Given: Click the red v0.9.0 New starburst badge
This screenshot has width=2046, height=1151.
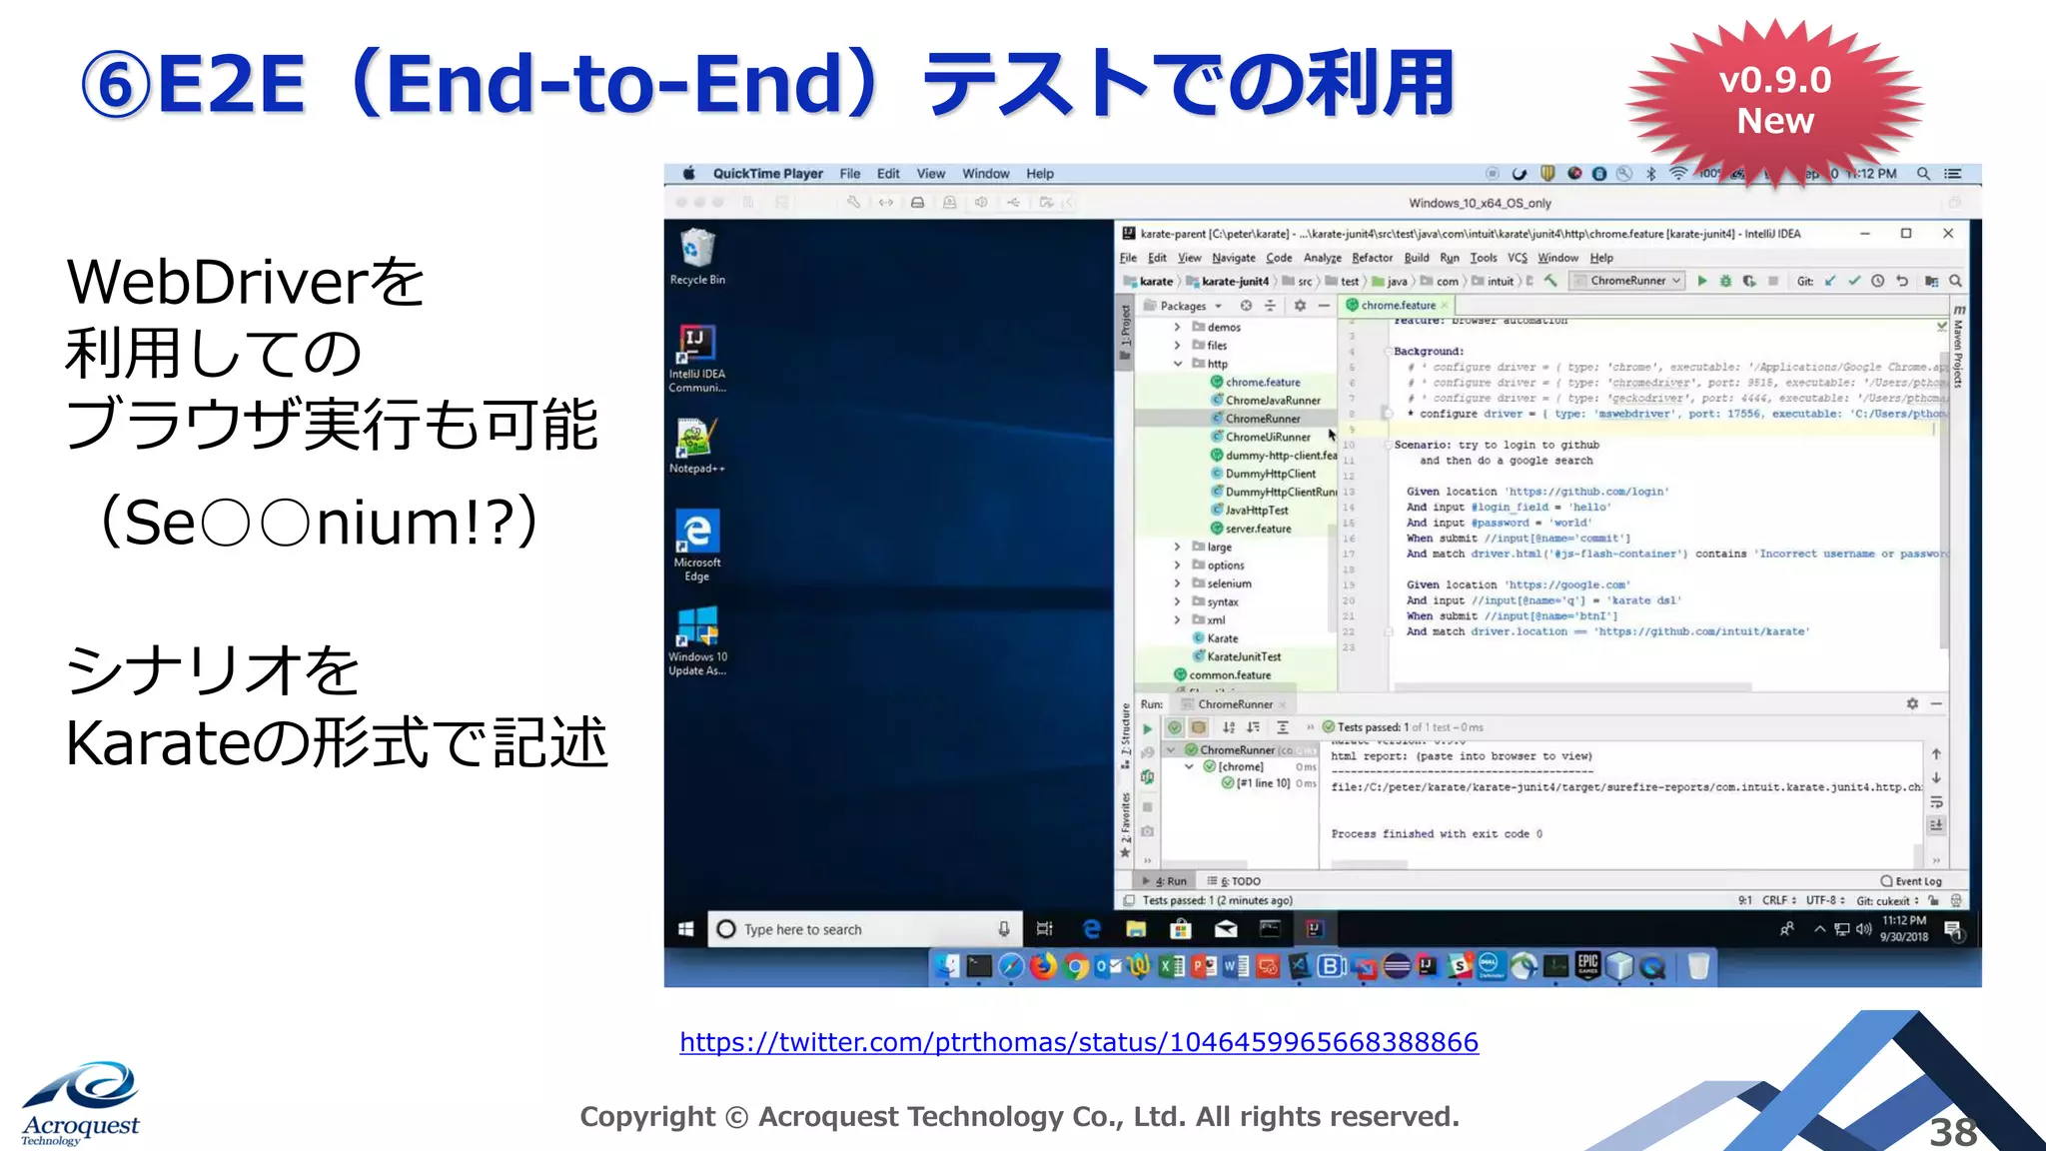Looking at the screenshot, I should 1774,101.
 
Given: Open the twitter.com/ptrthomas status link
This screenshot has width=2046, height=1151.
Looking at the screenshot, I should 1078,1042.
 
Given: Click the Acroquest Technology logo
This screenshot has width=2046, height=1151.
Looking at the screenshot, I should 81,1103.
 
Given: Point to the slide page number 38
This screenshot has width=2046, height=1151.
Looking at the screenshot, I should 1952,1132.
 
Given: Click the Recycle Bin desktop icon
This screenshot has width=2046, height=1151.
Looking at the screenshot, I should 697,256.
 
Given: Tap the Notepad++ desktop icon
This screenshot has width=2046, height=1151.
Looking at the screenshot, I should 696,445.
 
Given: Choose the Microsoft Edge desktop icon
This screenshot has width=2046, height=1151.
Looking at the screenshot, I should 696,544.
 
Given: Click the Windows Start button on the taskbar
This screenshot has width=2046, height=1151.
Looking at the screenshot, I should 686,929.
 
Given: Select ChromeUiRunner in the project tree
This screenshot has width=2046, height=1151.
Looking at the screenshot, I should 1267,437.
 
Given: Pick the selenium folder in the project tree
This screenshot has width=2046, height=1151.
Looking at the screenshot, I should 1228,583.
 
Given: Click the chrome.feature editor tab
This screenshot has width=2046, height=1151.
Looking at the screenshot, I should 1398,306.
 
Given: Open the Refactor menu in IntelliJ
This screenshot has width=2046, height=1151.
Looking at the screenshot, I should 1372,258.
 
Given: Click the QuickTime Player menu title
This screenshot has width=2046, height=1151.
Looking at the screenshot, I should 767,174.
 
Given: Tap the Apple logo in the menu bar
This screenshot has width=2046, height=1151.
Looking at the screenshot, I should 688,174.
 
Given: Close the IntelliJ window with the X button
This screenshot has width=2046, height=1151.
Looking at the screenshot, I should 1947,234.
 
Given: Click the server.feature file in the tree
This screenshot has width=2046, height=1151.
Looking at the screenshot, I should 1257,529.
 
